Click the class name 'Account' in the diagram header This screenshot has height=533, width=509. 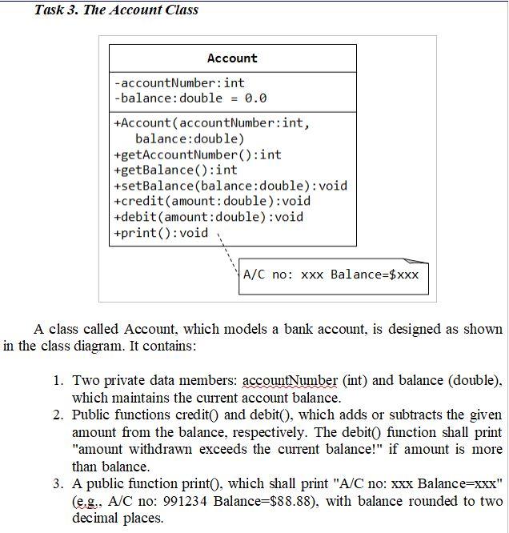(x=232, y=58)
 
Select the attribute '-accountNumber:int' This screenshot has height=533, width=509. (x=179, y=82)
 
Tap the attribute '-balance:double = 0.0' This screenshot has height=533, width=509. (x=190, y=98)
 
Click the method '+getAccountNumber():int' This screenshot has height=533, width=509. (x=198, y=154)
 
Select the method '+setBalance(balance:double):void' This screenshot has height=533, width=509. (x=230, y=186)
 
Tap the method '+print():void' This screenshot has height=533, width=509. (x=161, y=233)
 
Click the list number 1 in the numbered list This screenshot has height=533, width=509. (x=58, y=381)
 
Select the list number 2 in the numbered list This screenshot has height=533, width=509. (x=58, y=415)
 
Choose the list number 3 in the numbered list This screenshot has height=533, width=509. (x=58, y=484)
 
